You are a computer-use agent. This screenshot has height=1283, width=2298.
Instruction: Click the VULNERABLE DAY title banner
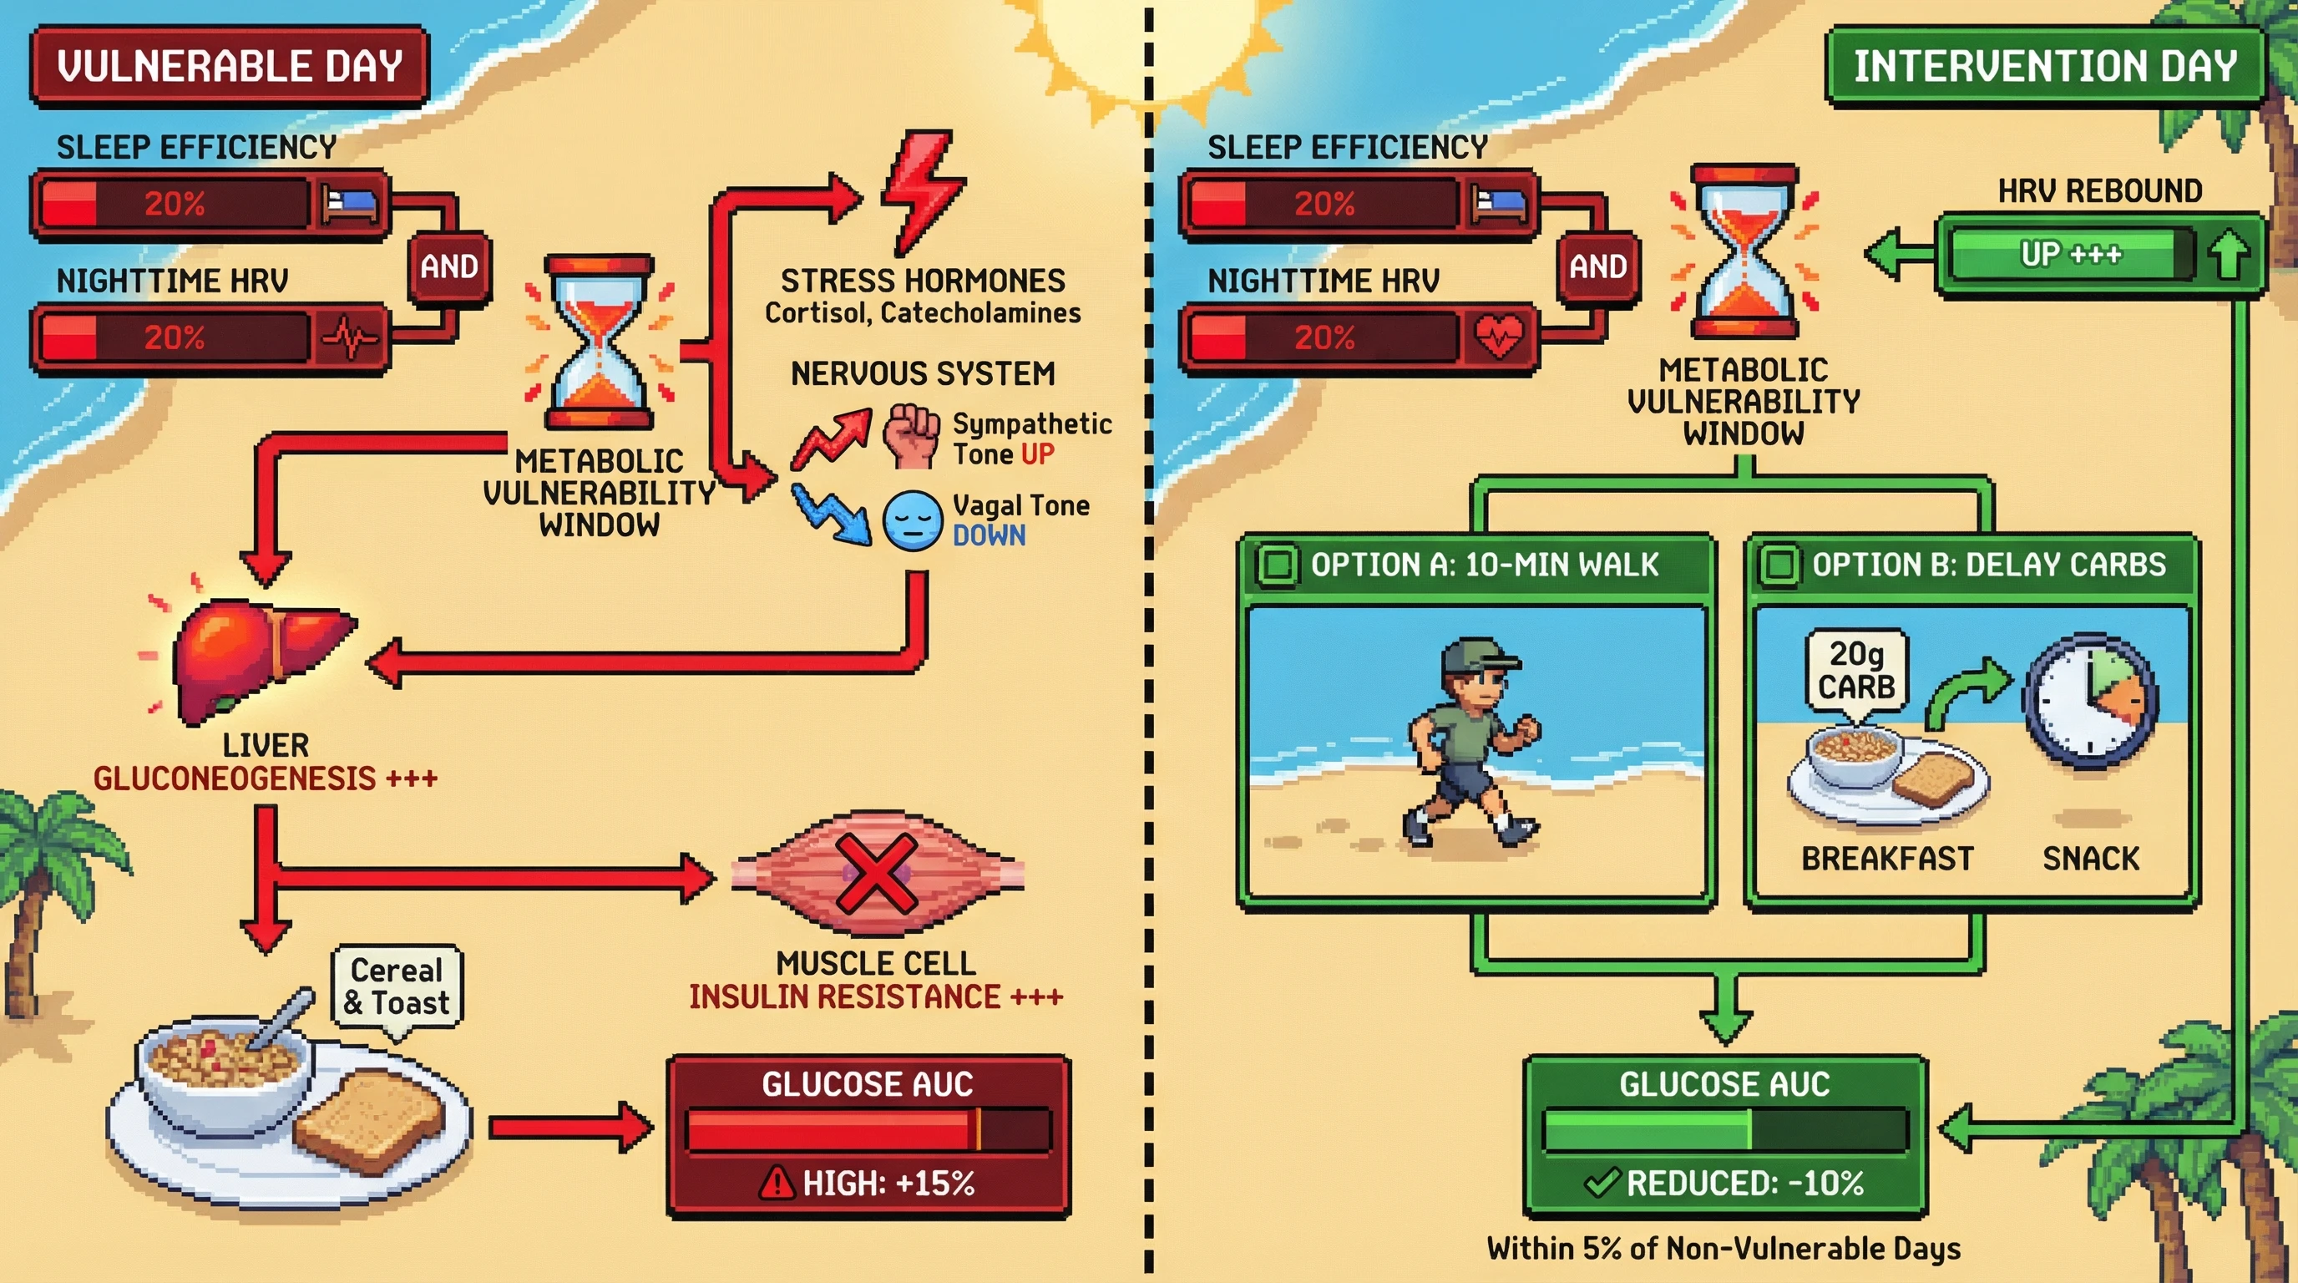[x=230, y=67]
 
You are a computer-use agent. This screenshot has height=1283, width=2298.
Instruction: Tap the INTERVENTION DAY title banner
[x=2045, y=67]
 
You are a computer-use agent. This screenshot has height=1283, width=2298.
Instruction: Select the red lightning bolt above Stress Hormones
[x=921, y=189]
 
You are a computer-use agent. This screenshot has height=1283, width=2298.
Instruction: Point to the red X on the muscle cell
[x=877, y=874]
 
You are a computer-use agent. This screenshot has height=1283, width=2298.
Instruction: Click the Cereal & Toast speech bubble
[x=397, y=986]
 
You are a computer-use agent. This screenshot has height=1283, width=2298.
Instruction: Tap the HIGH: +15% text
[x=888, y=1183]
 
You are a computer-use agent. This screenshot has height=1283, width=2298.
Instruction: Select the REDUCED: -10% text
[x=1744, y=1183]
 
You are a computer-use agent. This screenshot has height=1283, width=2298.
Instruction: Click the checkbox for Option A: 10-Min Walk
[x=1277, y=565]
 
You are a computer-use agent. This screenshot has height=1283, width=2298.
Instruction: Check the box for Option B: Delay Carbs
[x=1779, y=565]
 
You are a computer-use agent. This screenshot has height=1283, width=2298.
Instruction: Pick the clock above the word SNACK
[x=2090, y=700]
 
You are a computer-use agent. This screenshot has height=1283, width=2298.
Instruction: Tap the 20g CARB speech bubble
[x=1857, y=671]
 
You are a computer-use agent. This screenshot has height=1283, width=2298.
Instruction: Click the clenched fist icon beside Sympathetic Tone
[x=911, y=434]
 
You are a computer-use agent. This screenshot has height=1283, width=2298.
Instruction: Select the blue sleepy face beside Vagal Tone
[x=912, y=520]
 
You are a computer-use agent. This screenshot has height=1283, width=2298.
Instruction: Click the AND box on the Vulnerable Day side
[x=448, y=266]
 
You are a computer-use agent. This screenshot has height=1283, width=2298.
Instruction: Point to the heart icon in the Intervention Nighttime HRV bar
[x=1499, y=337]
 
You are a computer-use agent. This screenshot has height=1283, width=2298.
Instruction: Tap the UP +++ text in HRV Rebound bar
[x=2070, y=254]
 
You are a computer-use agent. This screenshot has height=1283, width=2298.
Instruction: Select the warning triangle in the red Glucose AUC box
[x=776, y=1183]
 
